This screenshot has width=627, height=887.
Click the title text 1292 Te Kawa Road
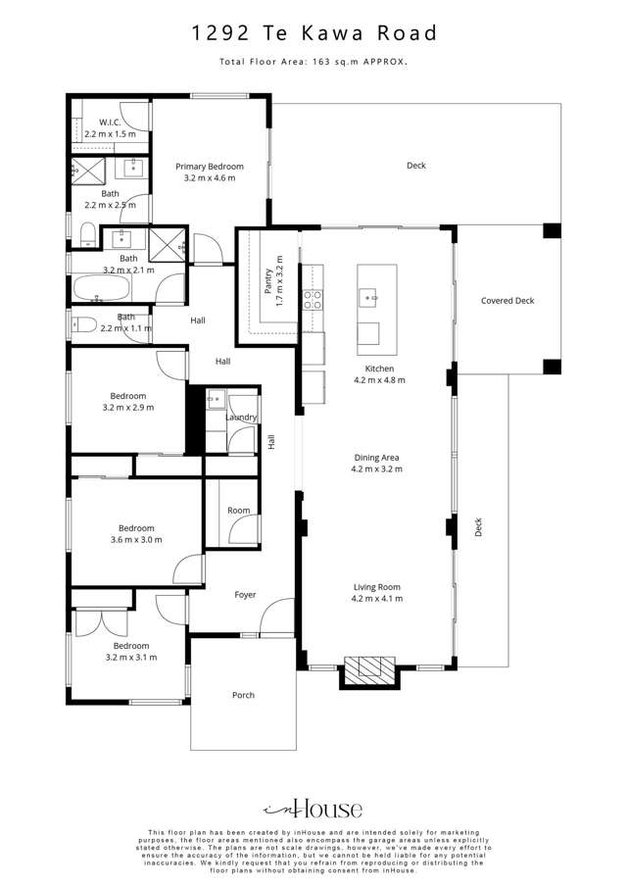click(313, 34)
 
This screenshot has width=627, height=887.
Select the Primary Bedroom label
click(210, 172)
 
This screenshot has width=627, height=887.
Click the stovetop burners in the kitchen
click(313, 299)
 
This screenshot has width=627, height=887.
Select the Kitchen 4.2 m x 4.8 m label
click(378, 374)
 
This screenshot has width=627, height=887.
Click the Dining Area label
click(378, 463)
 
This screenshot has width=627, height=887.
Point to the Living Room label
click(378, 592)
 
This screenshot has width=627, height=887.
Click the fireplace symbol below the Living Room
click(368, 668)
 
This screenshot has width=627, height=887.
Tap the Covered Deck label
click(507, 301)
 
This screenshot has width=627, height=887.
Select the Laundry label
click(241, 418)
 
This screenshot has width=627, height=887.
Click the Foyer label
click(244, 595)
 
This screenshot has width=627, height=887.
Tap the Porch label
click(243, 695)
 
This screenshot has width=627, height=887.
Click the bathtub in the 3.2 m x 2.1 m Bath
click(101, 288)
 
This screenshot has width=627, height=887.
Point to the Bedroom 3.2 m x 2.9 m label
click(128, 401)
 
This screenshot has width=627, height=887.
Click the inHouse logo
click(313, 809)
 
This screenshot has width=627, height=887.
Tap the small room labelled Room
click(238, 511)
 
